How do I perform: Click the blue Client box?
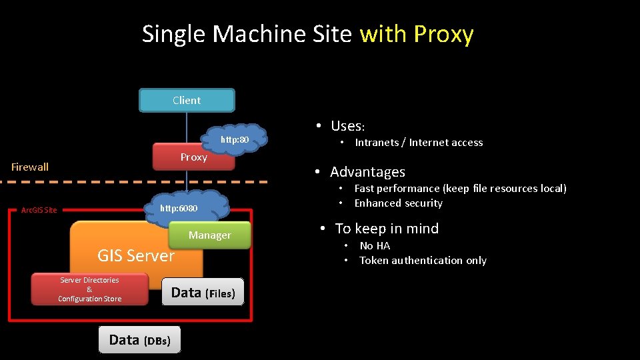pos(187,101)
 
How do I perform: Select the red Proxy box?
pos(193,157)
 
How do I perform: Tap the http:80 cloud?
pos(235,139)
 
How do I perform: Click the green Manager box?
pos(209,235)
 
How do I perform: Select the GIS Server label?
pos(136,255)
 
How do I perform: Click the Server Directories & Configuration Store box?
pos(89,289)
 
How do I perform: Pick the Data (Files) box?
pos(203,292)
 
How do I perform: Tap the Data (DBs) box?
pos(139,340)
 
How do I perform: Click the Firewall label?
pos(30,167)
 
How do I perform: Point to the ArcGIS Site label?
pos(39,210)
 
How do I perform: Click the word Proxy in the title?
pos(443,33)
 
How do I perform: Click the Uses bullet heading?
pos(347,126)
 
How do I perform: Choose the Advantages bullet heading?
pos(367,172)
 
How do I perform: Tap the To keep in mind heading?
pos(387,229)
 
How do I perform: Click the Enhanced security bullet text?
pos(398,203)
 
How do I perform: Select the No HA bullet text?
pos(375,246)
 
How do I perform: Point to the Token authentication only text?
pos(423,261)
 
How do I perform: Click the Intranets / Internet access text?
pos(419,143)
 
